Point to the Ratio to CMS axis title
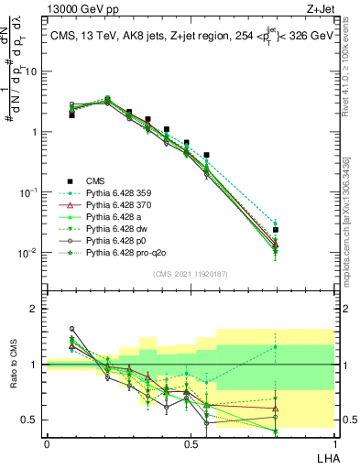(x=14, y=365)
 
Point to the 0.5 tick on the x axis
(x=191, y=443)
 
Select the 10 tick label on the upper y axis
(x=33, y=71)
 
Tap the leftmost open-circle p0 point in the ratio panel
(x=71, y=329)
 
